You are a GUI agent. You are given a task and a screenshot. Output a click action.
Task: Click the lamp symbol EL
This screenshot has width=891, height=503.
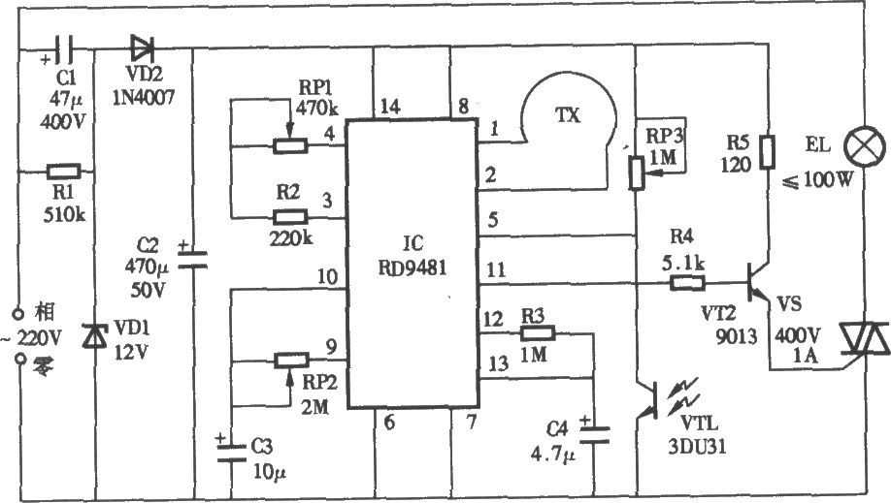[864, 146]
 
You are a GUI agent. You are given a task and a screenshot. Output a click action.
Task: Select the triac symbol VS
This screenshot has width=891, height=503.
[864, 339]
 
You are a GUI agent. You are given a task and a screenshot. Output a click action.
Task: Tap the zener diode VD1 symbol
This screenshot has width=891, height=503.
[94, 335]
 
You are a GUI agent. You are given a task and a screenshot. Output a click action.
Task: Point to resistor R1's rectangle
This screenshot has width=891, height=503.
[63, 171]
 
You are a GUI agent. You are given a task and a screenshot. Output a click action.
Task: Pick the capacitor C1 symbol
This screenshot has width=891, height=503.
[64, 48]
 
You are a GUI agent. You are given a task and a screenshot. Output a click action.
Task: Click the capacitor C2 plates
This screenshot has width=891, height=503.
[192, 260]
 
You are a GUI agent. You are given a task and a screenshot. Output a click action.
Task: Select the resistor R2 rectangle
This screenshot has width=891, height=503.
[290, 217]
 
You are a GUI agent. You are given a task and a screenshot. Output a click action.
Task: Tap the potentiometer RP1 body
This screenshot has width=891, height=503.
[290, 146]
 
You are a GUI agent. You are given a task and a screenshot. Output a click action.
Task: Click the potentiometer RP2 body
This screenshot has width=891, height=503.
[292, 360]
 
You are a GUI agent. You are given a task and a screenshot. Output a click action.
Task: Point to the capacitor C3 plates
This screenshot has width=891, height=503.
[232, 452]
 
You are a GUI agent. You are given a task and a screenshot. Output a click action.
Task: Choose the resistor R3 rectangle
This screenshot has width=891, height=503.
[538, 333]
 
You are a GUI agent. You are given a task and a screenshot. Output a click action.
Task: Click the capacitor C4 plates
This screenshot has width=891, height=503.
[594, 434]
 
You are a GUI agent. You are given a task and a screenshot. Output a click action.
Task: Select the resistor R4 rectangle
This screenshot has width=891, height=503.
[687, 283]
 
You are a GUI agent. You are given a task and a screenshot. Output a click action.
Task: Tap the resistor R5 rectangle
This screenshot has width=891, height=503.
[768, 151]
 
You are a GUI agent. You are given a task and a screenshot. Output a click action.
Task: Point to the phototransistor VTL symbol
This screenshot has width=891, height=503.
[647, 399]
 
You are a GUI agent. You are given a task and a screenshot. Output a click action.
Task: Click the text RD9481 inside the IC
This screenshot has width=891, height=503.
[412, 267]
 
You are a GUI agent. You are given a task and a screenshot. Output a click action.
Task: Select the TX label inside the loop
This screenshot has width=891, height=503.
[567, 115]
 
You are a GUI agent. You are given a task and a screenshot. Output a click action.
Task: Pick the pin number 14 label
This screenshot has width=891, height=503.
[390, 107]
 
